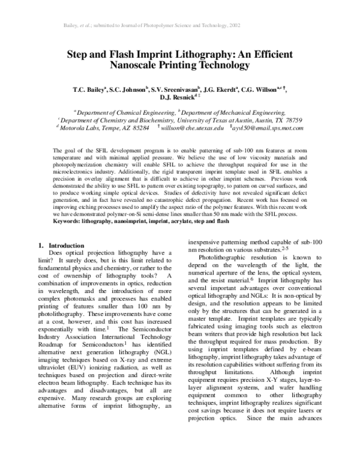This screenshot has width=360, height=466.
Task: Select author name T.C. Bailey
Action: coord(89,91)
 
